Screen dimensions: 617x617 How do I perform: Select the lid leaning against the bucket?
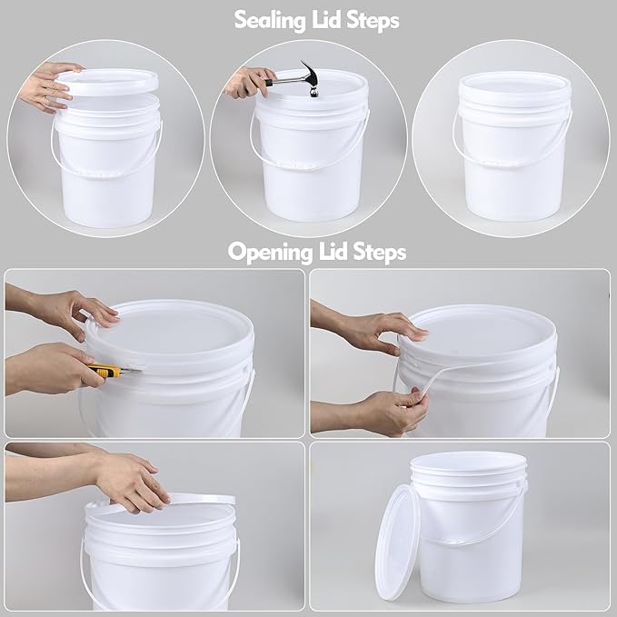pos(399,542)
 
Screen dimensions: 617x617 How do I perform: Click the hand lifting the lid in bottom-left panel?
pos(132,479)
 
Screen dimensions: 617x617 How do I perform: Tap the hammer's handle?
pos(286,80)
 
